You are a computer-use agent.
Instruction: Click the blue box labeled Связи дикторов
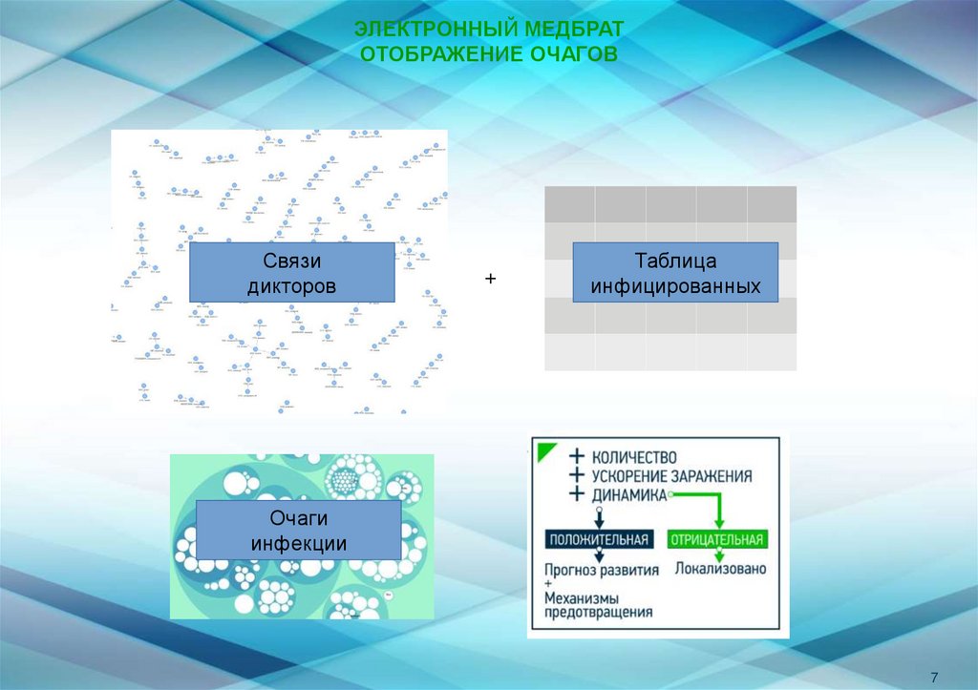(x=291, y=273)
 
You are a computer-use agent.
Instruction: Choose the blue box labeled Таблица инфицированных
(x=675, y=273)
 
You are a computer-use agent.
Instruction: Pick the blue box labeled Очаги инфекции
(x=298, y=530)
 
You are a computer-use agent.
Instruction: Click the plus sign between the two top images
(x=491, y=279)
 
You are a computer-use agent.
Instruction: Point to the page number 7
(x=933, y=676)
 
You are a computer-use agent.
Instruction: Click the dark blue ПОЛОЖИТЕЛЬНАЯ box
(x=600, y=540)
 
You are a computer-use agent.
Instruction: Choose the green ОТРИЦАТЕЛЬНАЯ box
(x=717, y=540)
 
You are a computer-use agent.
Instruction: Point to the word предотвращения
(x=599, y=613)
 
